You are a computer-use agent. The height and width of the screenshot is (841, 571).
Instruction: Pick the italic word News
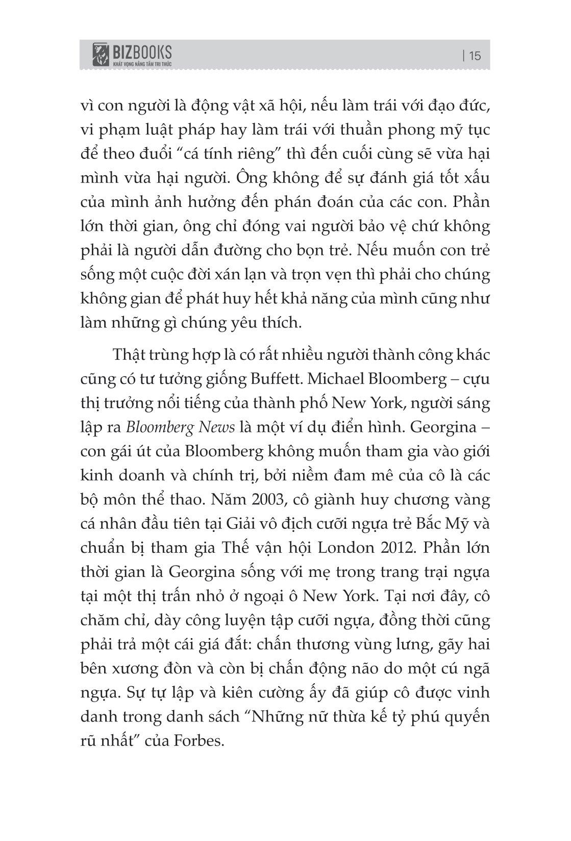217,428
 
